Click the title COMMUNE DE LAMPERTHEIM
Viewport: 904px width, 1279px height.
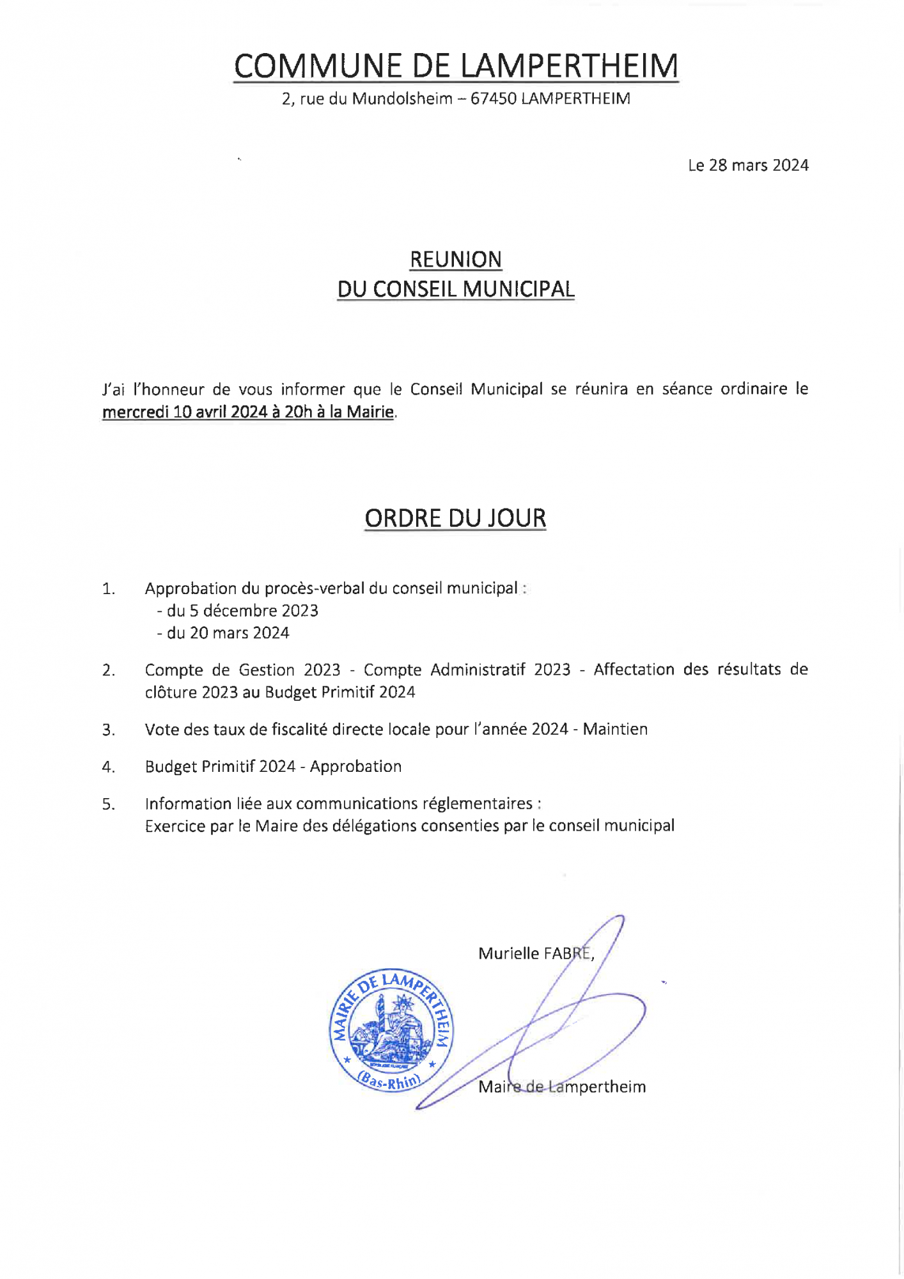[x=455, y=66]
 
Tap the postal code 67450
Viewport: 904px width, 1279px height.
[x=493, y=99]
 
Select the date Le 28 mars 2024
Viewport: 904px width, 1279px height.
[x=748, y=166]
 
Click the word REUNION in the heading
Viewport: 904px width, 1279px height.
[x=455, y=260]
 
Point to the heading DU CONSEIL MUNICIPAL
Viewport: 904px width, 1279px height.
[x=455, y=289]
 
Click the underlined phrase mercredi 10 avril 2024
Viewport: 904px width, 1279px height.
[x=185, y=412]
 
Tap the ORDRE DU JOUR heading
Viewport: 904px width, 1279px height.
[x=455, y=518]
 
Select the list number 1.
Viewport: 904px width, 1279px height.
[x=108, y=589]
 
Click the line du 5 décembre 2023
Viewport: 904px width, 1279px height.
[x=238, y=611]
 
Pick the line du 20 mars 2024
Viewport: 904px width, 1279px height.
[x=223, y=633]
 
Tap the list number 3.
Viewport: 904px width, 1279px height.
[x=108, y=730]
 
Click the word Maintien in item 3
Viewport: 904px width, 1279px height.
[x=615, y=730]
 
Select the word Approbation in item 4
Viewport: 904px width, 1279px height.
[x=355, y=767]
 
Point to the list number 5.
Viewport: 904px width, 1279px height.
[x=108, y=804]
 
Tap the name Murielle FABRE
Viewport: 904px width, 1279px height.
[x=535, y=953]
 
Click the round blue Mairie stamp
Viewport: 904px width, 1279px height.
[x=391, y=1030]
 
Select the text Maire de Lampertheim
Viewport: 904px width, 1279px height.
[x=562, y=1087]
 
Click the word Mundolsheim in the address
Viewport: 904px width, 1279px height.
[x=402, y=99]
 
